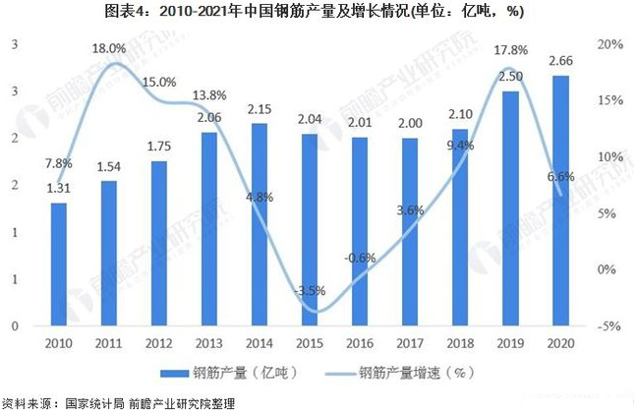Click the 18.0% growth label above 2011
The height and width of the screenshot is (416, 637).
pos(108,47)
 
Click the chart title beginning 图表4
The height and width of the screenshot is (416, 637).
pos(318,12)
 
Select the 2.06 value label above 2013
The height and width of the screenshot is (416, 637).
pos(209,117)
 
